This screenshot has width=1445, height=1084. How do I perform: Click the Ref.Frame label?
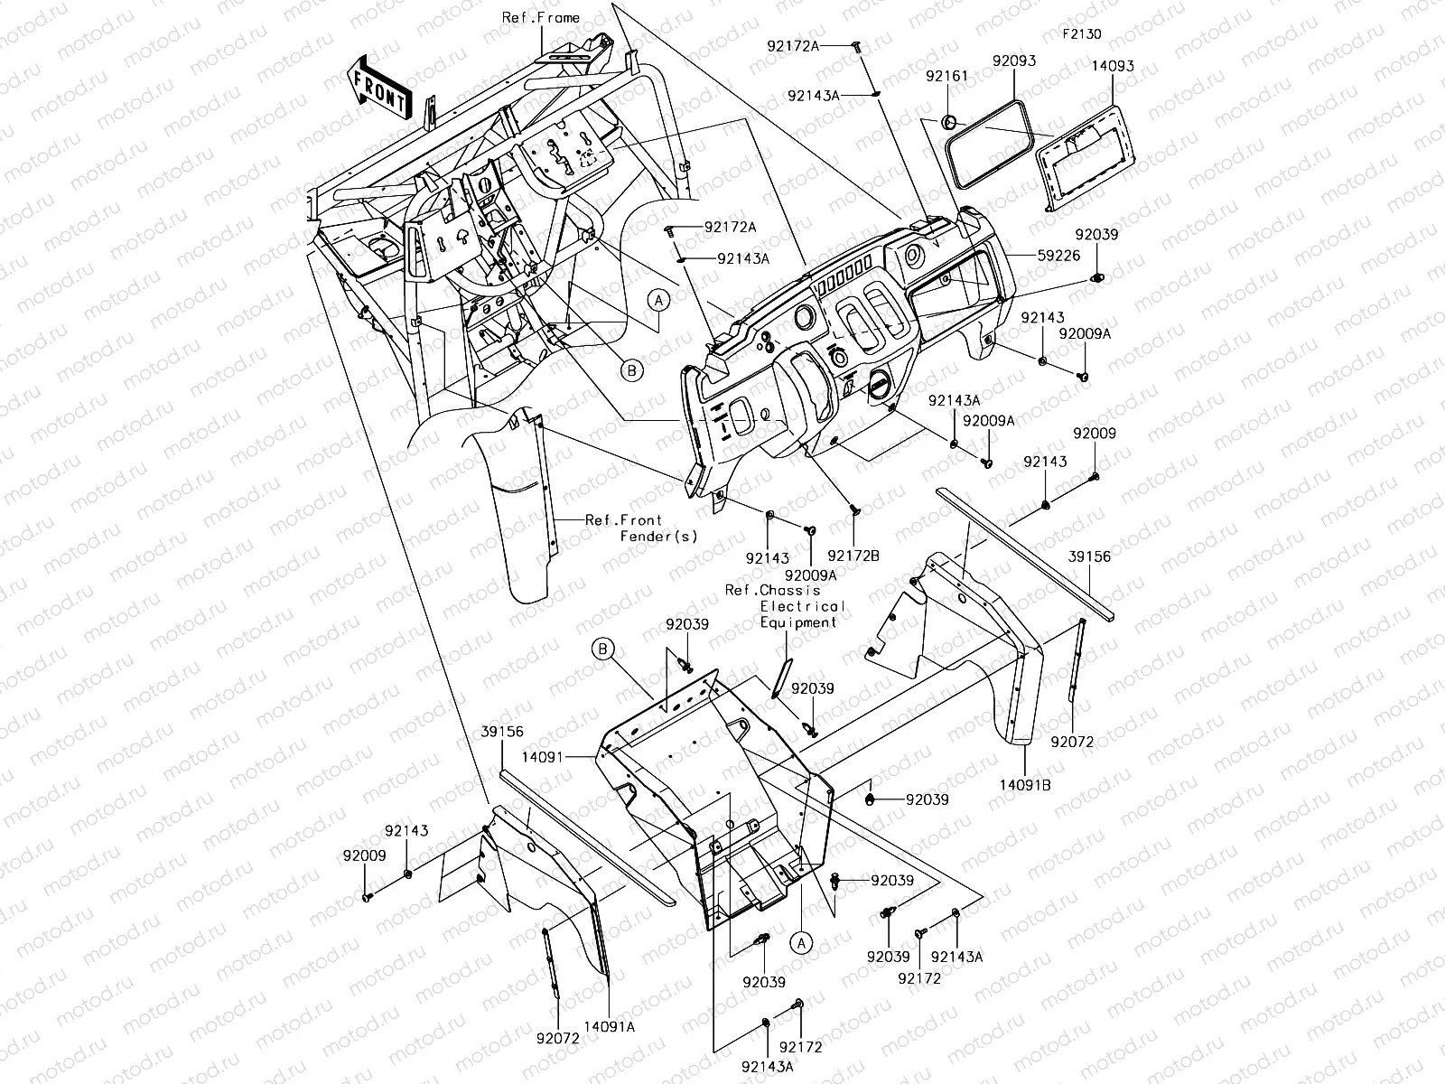541,18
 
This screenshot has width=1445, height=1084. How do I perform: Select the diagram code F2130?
1081,34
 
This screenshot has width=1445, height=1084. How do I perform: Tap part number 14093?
1112,67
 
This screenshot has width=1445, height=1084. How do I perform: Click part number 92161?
946,77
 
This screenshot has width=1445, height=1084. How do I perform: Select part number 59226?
1058,256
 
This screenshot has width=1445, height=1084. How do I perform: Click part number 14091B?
1026,785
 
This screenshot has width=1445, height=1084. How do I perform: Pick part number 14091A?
609,1026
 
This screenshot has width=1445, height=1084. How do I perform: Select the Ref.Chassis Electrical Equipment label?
786,606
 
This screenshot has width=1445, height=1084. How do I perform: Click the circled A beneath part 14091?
801,942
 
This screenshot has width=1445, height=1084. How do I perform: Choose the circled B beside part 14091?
603,648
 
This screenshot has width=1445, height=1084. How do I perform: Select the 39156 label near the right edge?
1090,557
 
